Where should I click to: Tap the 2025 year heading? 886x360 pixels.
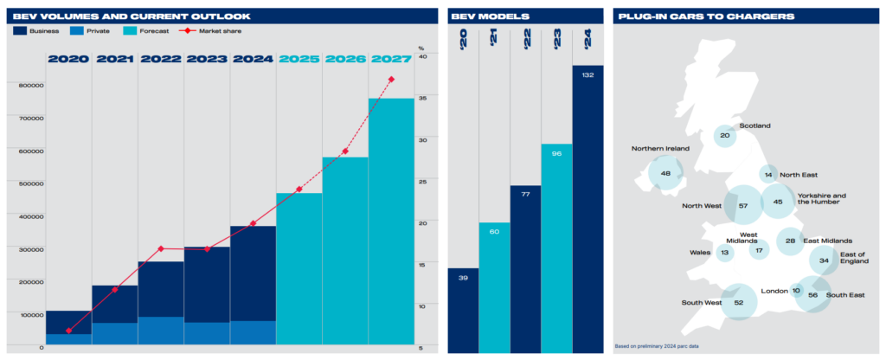pos(299,60)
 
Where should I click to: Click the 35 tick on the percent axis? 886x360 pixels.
pos(421,99)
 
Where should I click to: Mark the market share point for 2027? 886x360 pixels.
pos(391,80)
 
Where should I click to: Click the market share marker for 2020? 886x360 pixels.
pos(68,331)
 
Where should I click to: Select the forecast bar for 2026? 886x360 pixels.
pos(345,251)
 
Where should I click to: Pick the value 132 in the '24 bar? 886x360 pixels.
pos(587,76)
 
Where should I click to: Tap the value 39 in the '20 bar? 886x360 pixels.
pos(463,278)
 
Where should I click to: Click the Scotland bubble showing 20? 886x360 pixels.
pos(725,136)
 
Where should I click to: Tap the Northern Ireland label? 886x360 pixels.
pos(660,149)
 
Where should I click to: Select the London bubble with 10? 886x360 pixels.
pos(796,291)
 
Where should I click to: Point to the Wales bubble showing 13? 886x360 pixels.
pos(725,254)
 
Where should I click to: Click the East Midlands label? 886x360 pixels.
pos(829,241)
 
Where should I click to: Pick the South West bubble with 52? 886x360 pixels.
pos(738,303)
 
